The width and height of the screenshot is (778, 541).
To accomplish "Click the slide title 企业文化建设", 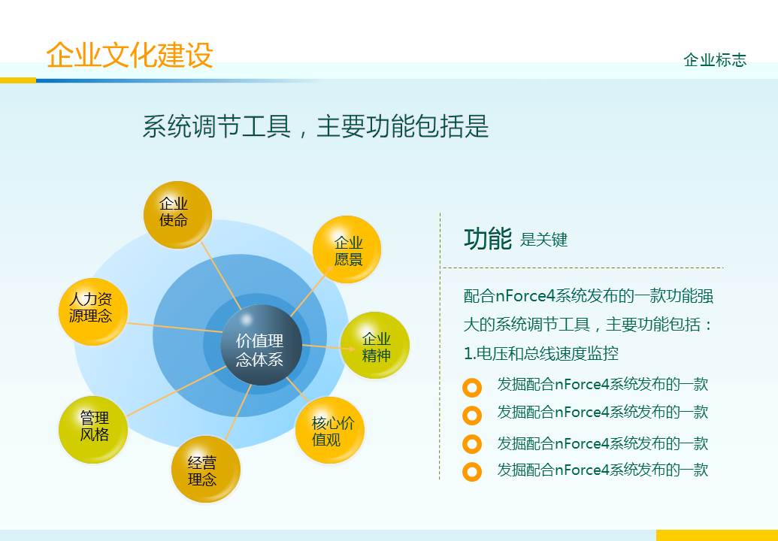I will [129, 56].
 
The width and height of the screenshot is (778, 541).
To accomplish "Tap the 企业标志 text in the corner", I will [715, 60].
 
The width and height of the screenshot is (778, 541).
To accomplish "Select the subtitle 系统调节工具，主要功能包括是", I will [316, 126].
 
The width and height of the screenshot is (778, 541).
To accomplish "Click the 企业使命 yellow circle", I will [174, 214].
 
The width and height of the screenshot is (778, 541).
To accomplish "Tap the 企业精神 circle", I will [376, 346].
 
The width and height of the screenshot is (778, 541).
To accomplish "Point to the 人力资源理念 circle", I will [92, 309].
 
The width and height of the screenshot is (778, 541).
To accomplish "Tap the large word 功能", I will [488, 239].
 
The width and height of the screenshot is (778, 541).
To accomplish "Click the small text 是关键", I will [543, 240].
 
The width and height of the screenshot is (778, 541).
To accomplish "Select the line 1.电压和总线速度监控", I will [541, 353].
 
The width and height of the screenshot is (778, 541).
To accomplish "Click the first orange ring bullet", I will [472, 388].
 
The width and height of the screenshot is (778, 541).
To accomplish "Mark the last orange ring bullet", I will [472, 472].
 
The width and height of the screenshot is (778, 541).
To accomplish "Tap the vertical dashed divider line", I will [440, 346].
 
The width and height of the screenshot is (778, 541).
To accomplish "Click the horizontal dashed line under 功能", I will [583, 267].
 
